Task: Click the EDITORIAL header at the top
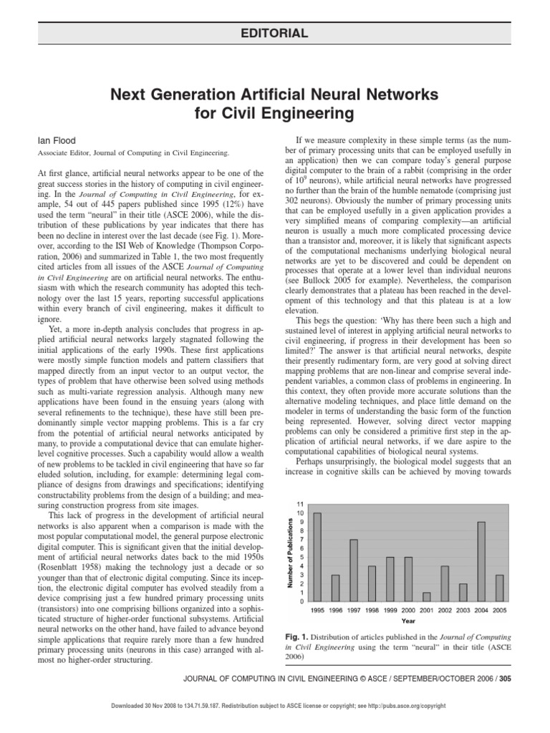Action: point(274,33)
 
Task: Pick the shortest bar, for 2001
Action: point(426,597)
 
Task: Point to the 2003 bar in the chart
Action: point(463,593)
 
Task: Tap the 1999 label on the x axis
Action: point(390,611)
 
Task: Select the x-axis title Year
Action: point(408,621)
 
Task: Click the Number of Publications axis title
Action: point(291,553)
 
